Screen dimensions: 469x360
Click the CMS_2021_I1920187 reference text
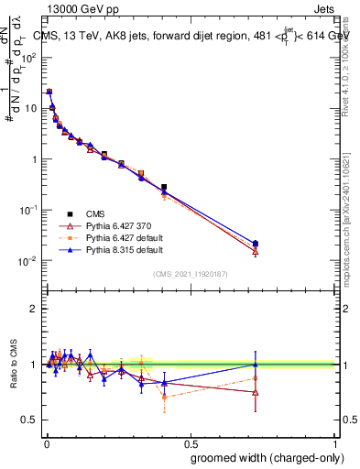click(x=191, y=273)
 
